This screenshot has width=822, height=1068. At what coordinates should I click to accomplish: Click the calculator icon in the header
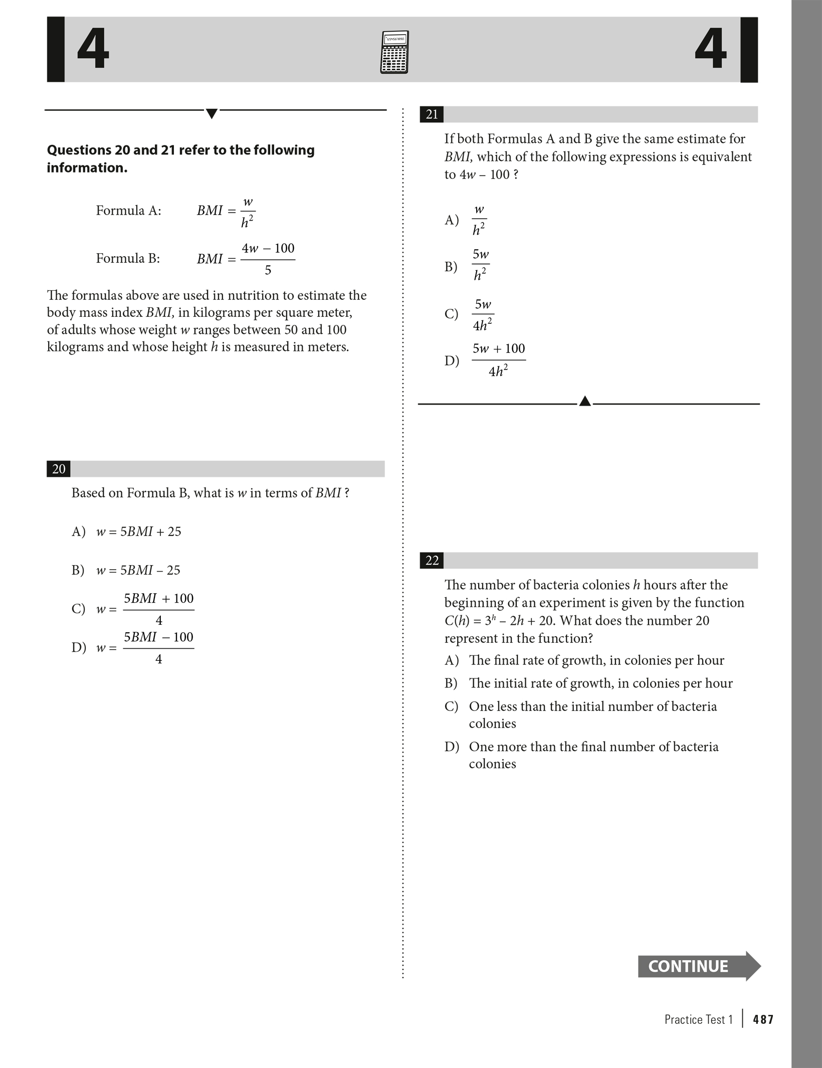(x=394, y=52)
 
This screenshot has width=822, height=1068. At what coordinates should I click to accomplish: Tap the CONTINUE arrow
(x=698, y=966)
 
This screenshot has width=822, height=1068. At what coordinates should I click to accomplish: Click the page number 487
(x=763, y=1019)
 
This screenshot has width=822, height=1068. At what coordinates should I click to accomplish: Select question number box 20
(x=59, y=469)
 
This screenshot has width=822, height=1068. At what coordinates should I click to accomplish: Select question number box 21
(x=432, y=115)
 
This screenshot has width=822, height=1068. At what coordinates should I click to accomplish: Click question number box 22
(x=432, y=561)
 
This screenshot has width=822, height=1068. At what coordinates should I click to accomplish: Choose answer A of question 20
(x=127, y=531)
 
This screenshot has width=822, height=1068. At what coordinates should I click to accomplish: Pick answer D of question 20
(x=133, y=647)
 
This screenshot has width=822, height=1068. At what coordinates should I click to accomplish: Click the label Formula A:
(x=128, y=211)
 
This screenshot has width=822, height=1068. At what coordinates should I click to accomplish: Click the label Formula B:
(x=128, y=259)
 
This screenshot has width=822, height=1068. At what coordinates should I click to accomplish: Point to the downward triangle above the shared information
(x=212, y=114)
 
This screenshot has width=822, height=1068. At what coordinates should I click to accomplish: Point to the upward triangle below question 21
(x=584, y=401)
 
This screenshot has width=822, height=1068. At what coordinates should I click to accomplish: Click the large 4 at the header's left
(x=93, y=50)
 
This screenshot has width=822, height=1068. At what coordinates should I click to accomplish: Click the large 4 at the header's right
(x=710, y=50)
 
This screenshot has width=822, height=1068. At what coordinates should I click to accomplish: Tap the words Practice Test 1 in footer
(x=698, y=1019)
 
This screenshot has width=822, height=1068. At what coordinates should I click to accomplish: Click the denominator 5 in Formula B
(x=268, y=271)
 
